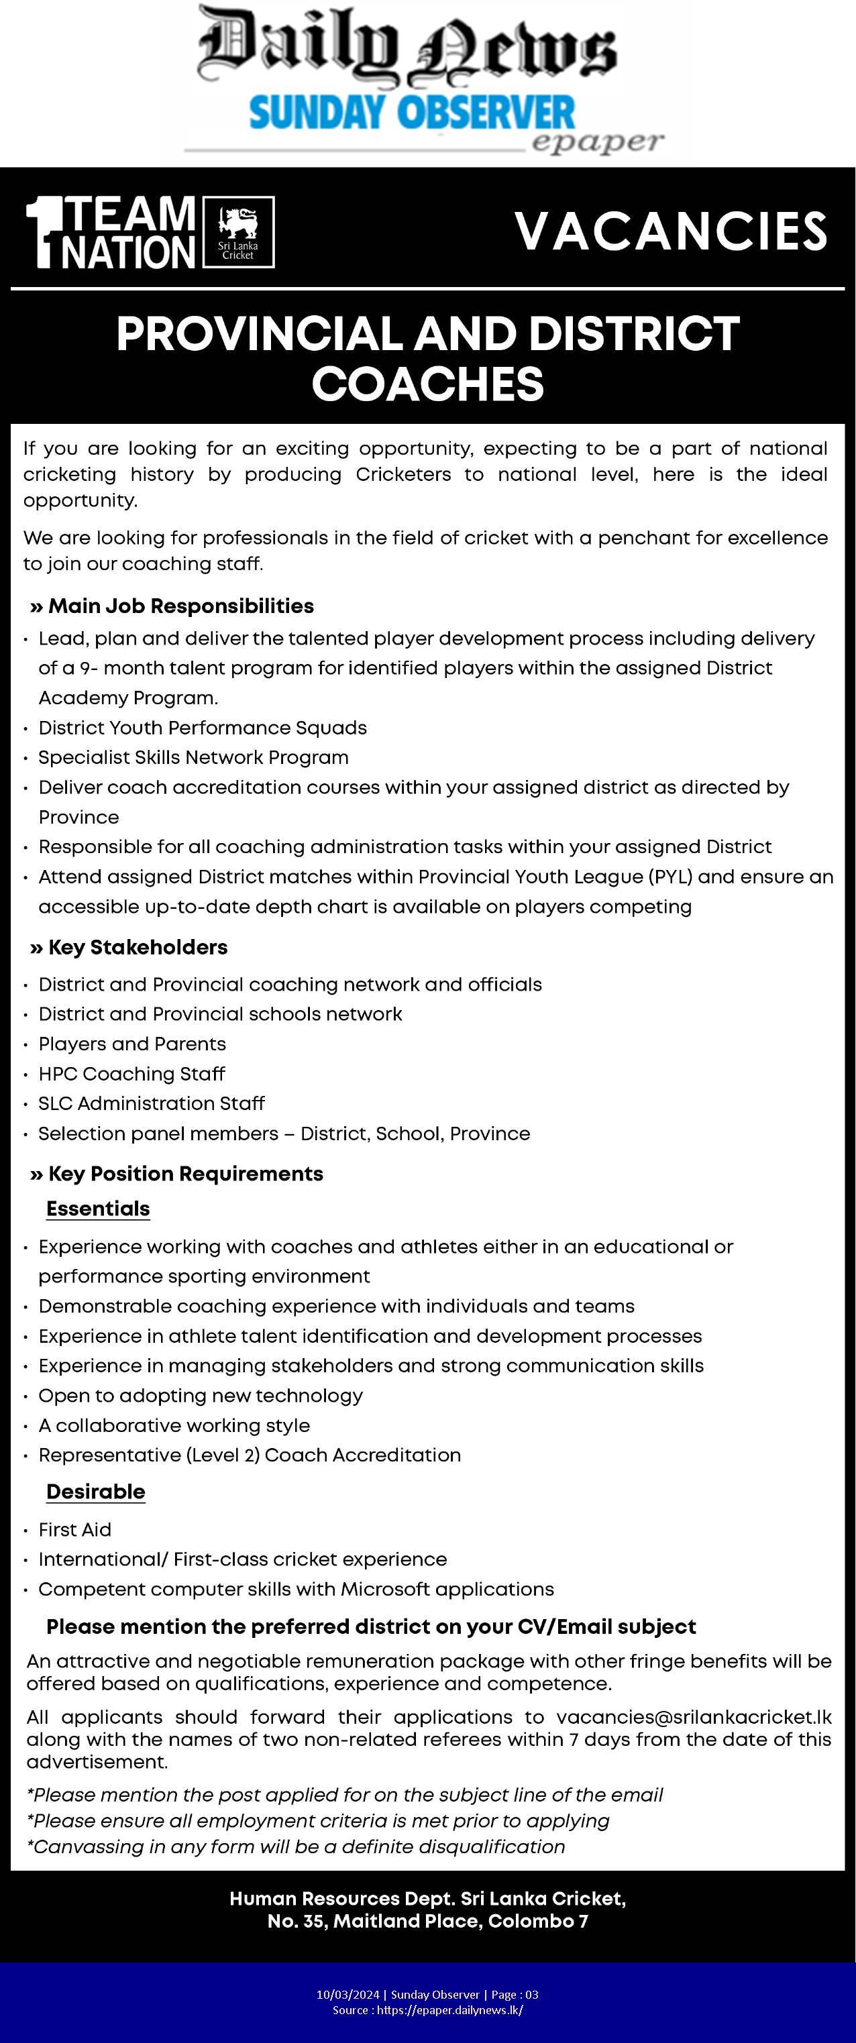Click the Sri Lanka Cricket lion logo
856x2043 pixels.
pyautogui.click(x=238, y=231)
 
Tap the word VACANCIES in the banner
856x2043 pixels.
pyautogui.click(x=671, y=231)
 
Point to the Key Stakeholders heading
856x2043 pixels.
pyautogui.click(x=138, y=947)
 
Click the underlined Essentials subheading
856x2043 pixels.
pyautogui.click(x=97, y=1208)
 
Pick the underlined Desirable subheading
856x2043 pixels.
pyautogui.click(x=95, y=1491)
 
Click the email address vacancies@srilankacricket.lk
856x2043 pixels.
pyautogui.click(x=694, y=1717)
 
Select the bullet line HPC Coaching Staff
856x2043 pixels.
pyautogui.click(x=131, y=1073)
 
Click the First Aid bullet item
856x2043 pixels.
pyautogui.click(x=74, y=1529)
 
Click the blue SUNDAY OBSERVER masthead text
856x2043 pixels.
pyautogui.click(x=411, y=113)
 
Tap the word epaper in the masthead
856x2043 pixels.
pyautogui.click(x=596, y=143)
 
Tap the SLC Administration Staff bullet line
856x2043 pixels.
pyautogui.click(x=152, y=1103)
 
